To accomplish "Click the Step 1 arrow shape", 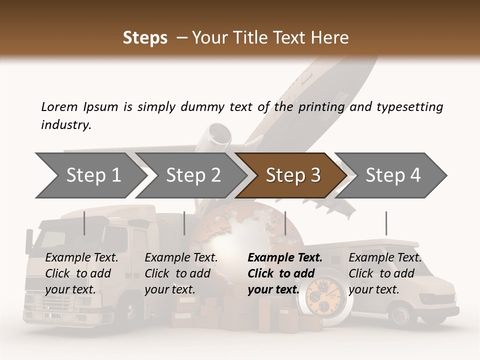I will click(90, 175).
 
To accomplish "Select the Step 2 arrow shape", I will click(192, 175).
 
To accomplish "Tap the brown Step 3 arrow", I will click(292, 175).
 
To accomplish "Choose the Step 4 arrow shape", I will click(393, 175).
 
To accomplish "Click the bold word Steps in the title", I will click(145, 37).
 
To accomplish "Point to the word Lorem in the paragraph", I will click(59, 106).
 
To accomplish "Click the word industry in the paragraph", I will click(66, 125).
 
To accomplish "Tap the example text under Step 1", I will click(81, 273).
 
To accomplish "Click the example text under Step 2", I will click(181, 273).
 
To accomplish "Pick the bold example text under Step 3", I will click(284, 273).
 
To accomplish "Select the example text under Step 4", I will click(385, 273).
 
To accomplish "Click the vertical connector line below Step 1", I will click(84, 223).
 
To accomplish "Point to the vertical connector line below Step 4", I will click(386, 223).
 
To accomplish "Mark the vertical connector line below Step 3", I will click(285, 223).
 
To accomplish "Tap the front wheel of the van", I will click(400, 315).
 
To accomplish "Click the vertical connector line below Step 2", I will click(184, 223).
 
